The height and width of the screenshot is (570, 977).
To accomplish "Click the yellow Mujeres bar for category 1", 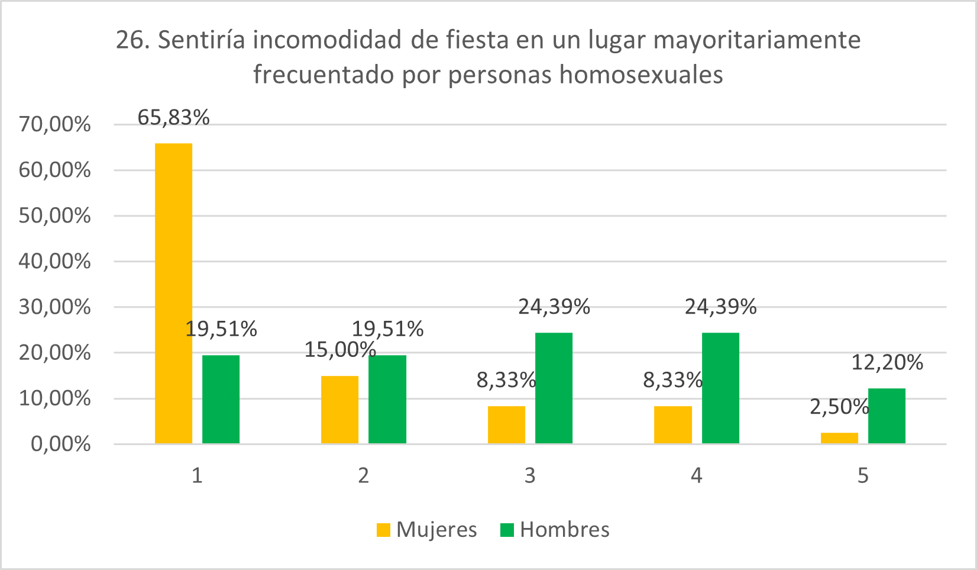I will coord(173,293).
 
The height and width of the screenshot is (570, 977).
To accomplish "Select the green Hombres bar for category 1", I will coord(221,399).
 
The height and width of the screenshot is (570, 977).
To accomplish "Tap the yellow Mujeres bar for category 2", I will coord(339,410).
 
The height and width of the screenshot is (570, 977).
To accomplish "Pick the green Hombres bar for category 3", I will coord(554,388).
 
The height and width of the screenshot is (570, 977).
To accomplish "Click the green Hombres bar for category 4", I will coord(720,388).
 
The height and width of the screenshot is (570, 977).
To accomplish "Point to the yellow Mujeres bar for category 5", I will coord(839,438).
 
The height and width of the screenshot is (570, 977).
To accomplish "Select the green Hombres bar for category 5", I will coord(887,416).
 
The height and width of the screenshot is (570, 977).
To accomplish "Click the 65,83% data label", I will coord(173,118).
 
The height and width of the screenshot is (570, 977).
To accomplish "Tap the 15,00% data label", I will coord(339,350).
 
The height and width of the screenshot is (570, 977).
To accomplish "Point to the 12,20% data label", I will coord(887,362).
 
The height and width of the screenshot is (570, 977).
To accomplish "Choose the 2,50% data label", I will coord(839,407).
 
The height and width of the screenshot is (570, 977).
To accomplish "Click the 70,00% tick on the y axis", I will coord(55,125).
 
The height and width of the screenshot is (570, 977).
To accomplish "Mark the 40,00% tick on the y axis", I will coord(55,261).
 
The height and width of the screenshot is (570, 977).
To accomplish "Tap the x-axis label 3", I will coord(530,475).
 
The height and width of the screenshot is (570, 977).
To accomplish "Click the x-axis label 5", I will coord(863,475).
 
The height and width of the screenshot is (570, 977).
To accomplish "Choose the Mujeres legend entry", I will coord(427,530).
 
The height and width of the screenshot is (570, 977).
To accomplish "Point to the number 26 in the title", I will coord(130,40).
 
